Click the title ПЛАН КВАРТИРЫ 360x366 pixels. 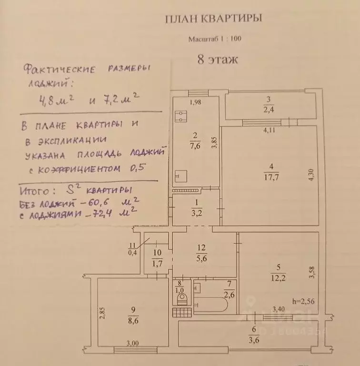click(213, 19)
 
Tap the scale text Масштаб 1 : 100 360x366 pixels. click(215, 40)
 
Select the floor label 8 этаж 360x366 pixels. click(217, 60)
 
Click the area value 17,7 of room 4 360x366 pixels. click(270, 175)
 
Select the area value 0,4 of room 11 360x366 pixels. click(131, 252)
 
